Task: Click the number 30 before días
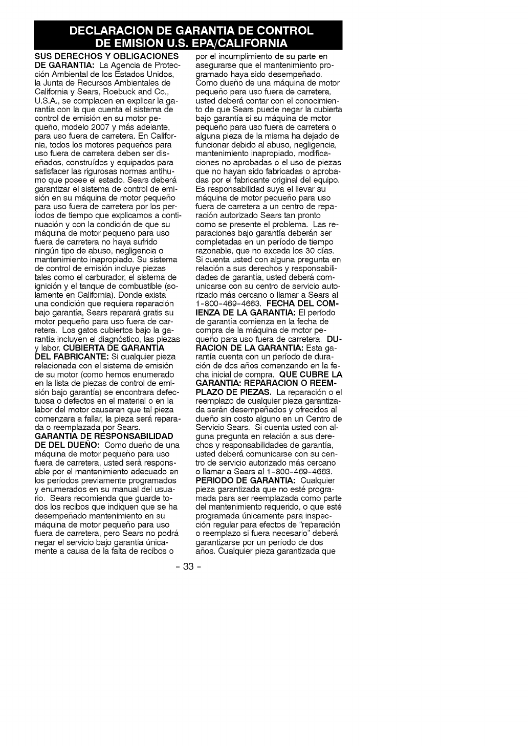pos(305,251)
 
